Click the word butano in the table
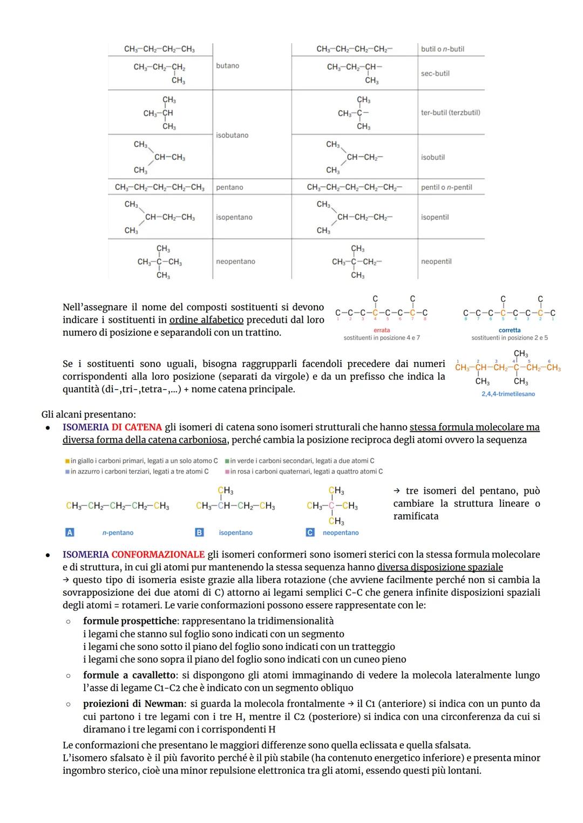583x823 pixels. (x=227, y=66)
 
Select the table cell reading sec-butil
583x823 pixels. (x=435, y=73)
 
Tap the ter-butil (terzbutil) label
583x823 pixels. (x=450, y=113)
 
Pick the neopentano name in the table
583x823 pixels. (x=235, y=262)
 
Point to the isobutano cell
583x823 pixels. (x=232, y=135)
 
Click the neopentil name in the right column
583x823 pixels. (x=436, y=262)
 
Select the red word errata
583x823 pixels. (x=382, y=330)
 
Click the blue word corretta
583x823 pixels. (x=510, y=330)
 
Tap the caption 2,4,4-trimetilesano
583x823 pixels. (x=508, y=394)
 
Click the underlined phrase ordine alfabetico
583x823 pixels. (x=206, y=320)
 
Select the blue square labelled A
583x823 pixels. (x=70, y=533)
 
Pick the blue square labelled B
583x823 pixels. (x=199, y=533)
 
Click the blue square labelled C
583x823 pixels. (x=310, y=533)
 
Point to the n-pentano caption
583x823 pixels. (x=118, y=533)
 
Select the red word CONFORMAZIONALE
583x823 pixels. (x=158, y=555)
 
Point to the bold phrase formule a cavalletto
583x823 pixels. (x=129, y=676)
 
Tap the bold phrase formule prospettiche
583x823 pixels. (x=130, y=622)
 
